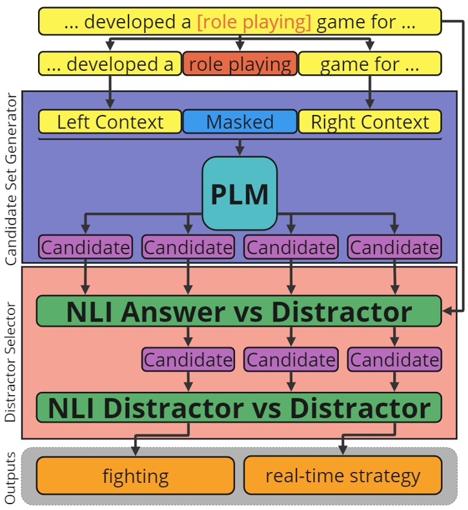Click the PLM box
click(x=239, y=194)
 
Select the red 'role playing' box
click(x=239, y=65)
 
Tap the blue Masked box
click(x=239, y=122)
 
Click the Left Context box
click(x=110, y=122)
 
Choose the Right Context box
click(x=370, y=122)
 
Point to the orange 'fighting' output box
click(x=136, y=476)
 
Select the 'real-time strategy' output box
click(x=342, y=476)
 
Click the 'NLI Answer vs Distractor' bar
click(x=239, y=312)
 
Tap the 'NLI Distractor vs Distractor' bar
click(x=239, y=408)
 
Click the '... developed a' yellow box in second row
click(x=110, y=65)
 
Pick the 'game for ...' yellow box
click(x=370, y=65)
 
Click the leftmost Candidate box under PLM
click(x=85, y=247)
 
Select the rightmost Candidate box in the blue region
click(x=394, y=247)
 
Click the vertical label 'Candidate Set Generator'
click(x=10, y=179)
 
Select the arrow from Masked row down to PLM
click(x=239, y=146)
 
